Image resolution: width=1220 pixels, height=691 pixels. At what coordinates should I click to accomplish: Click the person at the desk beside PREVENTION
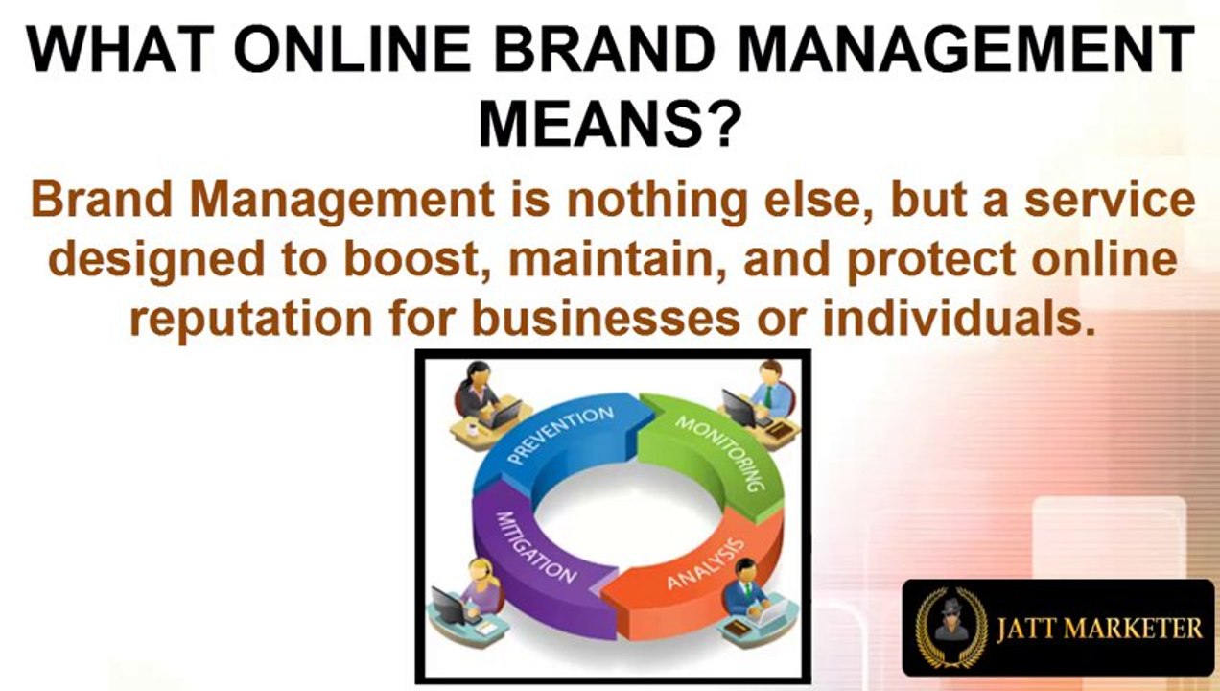click(480, 398)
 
